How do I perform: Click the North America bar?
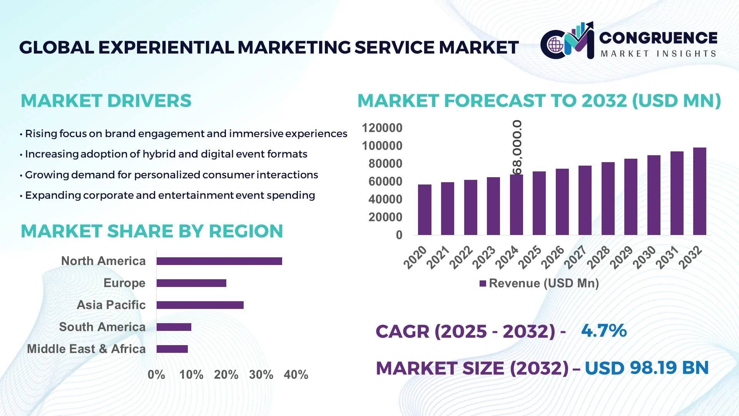pos(219,261)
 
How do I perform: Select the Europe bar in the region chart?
pos(191,283)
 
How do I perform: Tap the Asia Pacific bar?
pos(200,305)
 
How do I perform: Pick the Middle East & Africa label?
pos(86,349)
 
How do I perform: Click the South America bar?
pos(174,327)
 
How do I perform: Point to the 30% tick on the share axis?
pos(261,374)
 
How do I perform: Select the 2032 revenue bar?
pos(699,191)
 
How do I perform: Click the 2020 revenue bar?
pos(425,210)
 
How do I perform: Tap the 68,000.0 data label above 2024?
pos(517,148)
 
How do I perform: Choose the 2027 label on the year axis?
pos(575,257)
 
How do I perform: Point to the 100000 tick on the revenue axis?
pos(382,146)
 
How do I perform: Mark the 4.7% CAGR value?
pos(604,330)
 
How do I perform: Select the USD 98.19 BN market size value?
pos(647,368)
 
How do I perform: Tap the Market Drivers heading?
pos(106,101)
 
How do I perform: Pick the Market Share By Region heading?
pos(152,231)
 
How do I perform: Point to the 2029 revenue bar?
pos(630,197)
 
